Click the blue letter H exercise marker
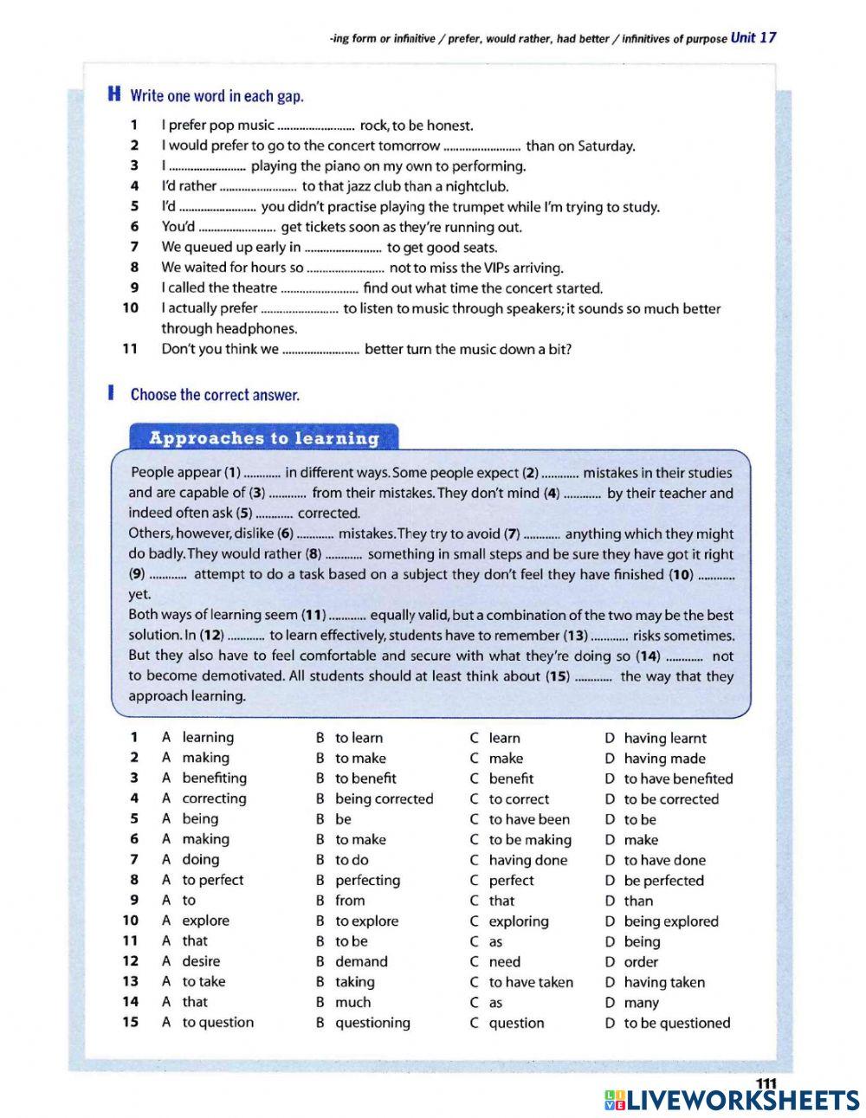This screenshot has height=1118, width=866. tap(113, 94)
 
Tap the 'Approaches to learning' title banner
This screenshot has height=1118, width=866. tap(264, 438)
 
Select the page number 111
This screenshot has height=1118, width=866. tap(766, 1083)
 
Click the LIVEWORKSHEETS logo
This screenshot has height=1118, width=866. tap(731, 1100)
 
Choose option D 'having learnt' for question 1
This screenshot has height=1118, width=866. tap(664, 738)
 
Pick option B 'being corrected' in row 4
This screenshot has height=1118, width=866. tap(384, 798)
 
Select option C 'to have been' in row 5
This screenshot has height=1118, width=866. tap(529, 819)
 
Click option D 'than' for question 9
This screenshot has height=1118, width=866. tap(638, 901)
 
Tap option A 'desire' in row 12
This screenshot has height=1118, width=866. tap(201, 961)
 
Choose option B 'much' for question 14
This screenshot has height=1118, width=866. tap(352, 1002)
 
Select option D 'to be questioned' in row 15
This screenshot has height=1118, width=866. tap(676, 1023)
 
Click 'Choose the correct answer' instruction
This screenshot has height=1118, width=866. tap(215, 395)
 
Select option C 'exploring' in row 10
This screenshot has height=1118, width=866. tap(518, 921)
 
